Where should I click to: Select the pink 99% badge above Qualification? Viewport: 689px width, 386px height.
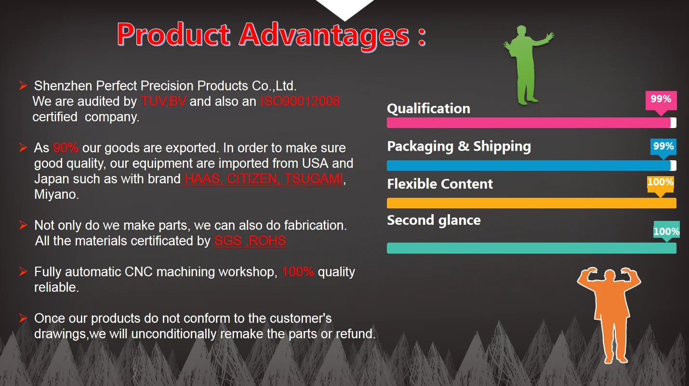coord(661,101)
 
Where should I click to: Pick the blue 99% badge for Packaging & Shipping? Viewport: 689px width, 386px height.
coord(663,147)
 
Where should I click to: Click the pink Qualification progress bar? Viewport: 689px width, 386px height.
coord(531,123)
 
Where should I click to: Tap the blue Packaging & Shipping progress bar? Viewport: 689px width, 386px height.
coord(531,166)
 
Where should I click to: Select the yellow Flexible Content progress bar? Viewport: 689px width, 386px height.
coord(531,203)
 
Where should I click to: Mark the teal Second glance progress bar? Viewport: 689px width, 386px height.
coord(531,248)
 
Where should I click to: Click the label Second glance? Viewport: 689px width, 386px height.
coord(434,220)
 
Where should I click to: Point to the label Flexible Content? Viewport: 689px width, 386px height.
coord(440,184)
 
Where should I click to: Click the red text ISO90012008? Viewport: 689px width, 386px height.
coord(300,102)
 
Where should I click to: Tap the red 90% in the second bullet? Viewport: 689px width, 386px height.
coord(66,148)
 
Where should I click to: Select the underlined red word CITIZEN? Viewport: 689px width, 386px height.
coord(252,179)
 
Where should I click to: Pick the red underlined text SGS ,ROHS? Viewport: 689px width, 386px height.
coord(250,241)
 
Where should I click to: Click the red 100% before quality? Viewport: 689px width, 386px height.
coord(298,271)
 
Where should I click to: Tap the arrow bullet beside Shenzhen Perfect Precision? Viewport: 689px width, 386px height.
coord(23,86)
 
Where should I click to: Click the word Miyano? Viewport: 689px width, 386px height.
coord(56,194)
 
